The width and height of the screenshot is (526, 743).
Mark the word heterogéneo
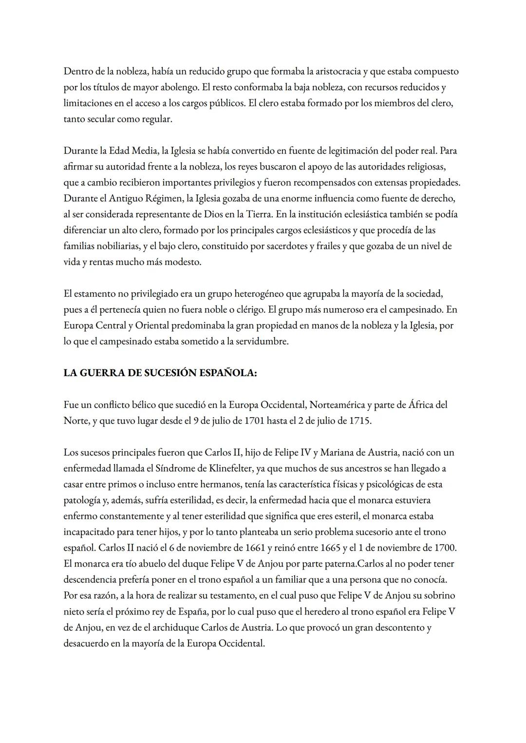pos(260,294)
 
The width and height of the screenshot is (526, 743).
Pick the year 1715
pos(360,421)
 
